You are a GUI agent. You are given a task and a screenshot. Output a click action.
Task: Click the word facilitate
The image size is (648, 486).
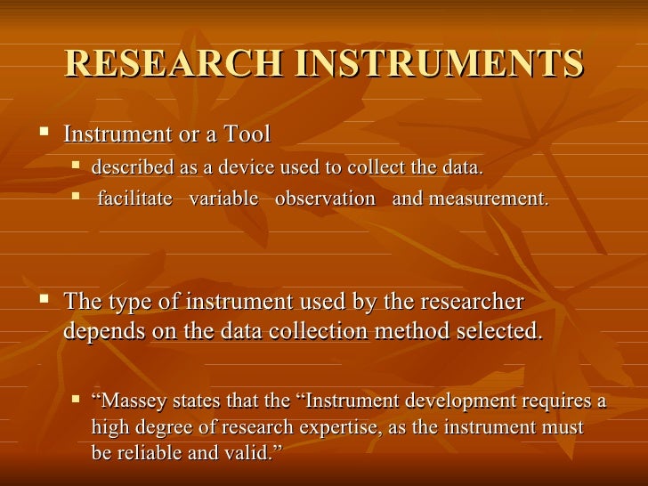134,198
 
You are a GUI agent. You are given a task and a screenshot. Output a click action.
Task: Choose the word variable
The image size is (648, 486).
223,198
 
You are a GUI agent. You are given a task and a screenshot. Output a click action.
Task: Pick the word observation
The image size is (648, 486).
325,198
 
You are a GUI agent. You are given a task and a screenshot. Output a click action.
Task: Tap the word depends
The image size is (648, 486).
104,332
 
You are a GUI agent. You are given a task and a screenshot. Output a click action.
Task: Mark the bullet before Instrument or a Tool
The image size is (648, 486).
46,134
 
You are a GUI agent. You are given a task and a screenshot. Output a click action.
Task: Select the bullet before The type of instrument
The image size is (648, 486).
46,301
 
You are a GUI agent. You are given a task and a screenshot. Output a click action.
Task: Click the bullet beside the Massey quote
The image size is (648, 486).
77,400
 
